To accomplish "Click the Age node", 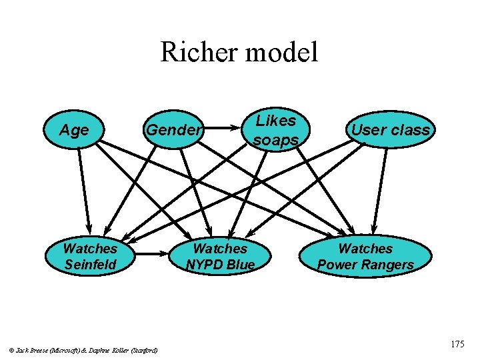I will pyautogui.click(x=74, y=130).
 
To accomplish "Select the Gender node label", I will pyautogui.click(x=173, y=130).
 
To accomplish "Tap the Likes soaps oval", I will pyautogui.click(x=275, y=130).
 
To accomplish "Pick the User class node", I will pyautogui.click(x=391, y=130).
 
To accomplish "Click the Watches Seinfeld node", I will pyautogui.click(x=90, y=257).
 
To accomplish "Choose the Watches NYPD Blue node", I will pyautogui.click(x=220, y=257).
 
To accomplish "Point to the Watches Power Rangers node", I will pyautogui.click(x=365, y=257).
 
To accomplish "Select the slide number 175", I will pyautogui.click(x=457, y=345).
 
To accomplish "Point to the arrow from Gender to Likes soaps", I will pyautogui.click(x=223, y=127).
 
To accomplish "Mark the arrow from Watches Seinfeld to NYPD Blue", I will pyautogui.click(x=152, y=253).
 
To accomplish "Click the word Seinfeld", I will pyautogui.click(x=90, y=265).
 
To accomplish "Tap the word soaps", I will pyautogui.click(x=275, y=139).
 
